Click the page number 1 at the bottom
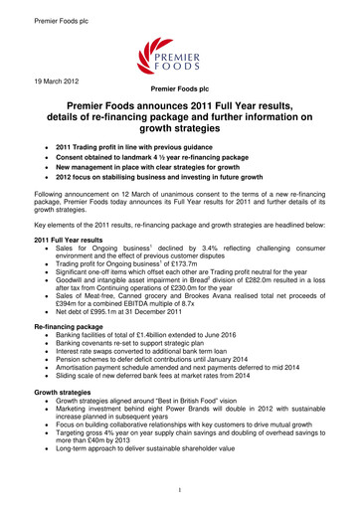pyautogui.click(x=180, y=490)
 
